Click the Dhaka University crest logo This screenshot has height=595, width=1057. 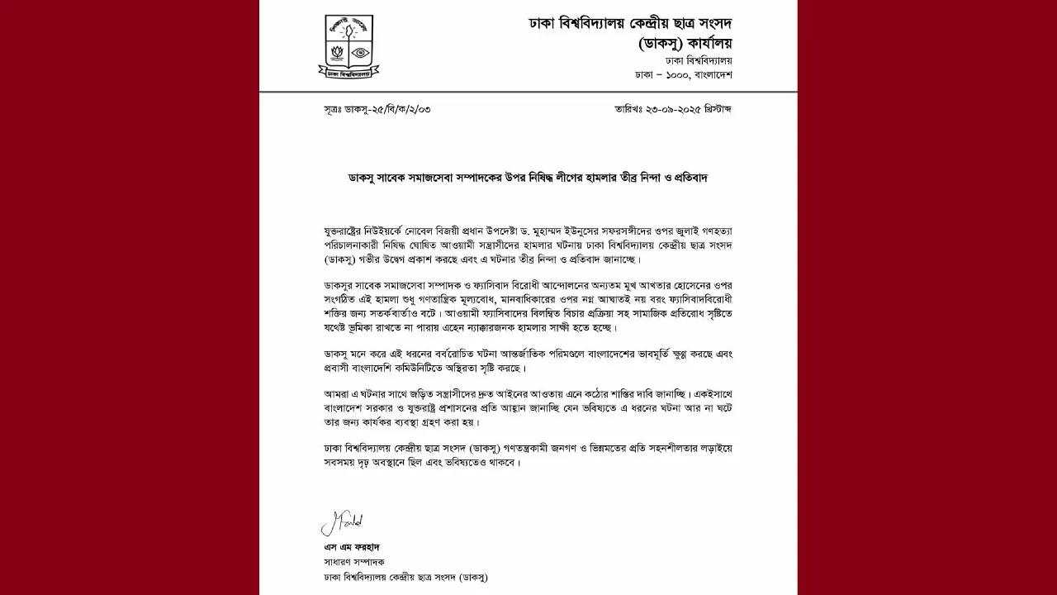[346, 46]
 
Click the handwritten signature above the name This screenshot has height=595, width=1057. [342, 524]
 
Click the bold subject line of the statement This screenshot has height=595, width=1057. [528, 178]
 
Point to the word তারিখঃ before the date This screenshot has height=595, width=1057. [629, 109]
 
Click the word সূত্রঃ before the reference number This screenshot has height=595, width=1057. [337, 109]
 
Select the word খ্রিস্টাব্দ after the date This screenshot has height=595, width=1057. [713, 109]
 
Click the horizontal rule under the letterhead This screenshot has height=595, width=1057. [528, 91]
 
